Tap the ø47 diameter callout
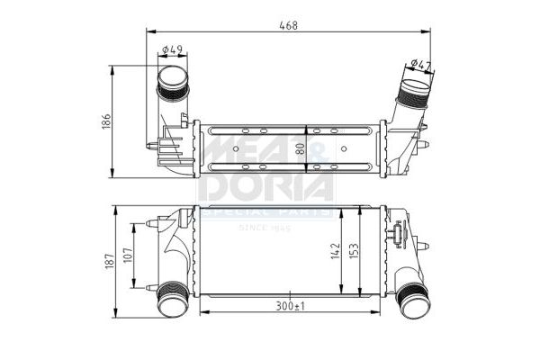(x=419, y=63)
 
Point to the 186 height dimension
(x=105, y=120)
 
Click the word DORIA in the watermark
(x=266, y=187)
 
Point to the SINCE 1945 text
(x=266, y=227)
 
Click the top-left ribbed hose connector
(x=171, y=84)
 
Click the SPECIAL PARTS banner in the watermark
(x=266, y=212)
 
